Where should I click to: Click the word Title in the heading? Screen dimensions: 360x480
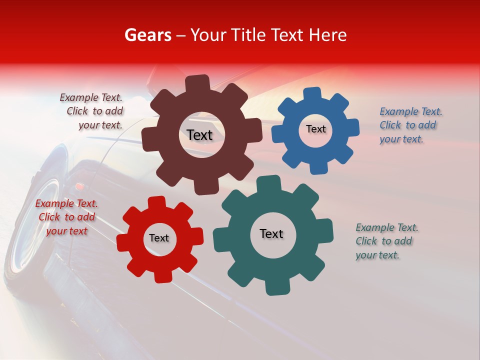tap(248, 35)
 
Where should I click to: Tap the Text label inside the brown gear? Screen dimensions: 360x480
tap(199, 135)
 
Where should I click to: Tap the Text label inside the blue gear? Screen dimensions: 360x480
tap(315, 129)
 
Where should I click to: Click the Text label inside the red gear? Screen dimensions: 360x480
tap(159, 238)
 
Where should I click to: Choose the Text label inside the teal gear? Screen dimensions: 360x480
tap(271, 233)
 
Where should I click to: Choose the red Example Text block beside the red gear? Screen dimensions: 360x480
tap(66, 217)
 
